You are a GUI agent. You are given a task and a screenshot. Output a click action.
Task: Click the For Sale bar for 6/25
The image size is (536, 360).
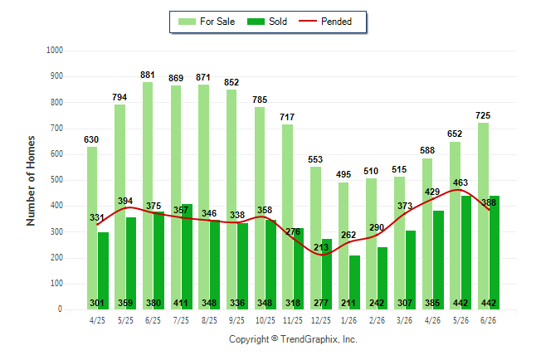point(148,196)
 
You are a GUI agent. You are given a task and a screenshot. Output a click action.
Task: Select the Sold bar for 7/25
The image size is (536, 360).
point(187,257)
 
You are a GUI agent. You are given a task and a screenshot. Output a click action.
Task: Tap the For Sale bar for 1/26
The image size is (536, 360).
point(344,246)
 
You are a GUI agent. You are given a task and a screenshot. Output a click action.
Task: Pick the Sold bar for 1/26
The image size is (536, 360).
point(354,282)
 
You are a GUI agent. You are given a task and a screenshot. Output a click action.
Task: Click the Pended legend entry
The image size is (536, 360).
point(325,22)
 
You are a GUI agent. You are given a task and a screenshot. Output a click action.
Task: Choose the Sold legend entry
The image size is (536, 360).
point(267,22)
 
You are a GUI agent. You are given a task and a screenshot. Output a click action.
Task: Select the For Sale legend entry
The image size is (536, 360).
point(207,22)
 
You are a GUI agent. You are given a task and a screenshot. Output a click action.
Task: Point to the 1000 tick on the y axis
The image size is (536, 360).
point(55,51)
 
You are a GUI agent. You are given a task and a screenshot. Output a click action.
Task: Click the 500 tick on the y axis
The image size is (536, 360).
point(56,180)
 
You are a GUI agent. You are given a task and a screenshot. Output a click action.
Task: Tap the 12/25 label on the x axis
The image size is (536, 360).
point(320,320)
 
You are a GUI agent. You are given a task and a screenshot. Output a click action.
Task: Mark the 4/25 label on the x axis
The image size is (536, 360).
point(97,320)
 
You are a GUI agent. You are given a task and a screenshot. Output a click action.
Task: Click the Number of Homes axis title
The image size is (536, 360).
point(31,181)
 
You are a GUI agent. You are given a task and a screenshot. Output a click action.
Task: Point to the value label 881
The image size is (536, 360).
point(148,75)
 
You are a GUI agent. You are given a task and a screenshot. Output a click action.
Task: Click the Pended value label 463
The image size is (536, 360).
point(460,182)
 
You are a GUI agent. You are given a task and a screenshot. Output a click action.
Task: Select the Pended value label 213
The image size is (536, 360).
point(321,247)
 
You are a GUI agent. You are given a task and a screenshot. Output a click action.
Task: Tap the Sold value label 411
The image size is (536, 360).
point(181,303)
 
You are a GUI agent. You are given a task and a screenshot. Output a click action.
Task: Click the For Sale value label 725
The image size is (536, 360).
point(483,115)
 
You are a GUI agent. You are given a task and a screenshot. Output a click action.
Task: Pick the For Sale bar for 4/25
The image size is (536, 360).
point(92,228)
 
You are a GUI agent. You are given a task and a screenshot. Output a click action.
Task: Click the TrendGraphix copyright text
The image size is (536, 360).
point(293,339)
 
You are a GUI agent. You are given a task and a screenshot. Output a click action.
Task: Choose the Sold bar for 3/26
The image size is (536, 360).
point(410,270)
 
